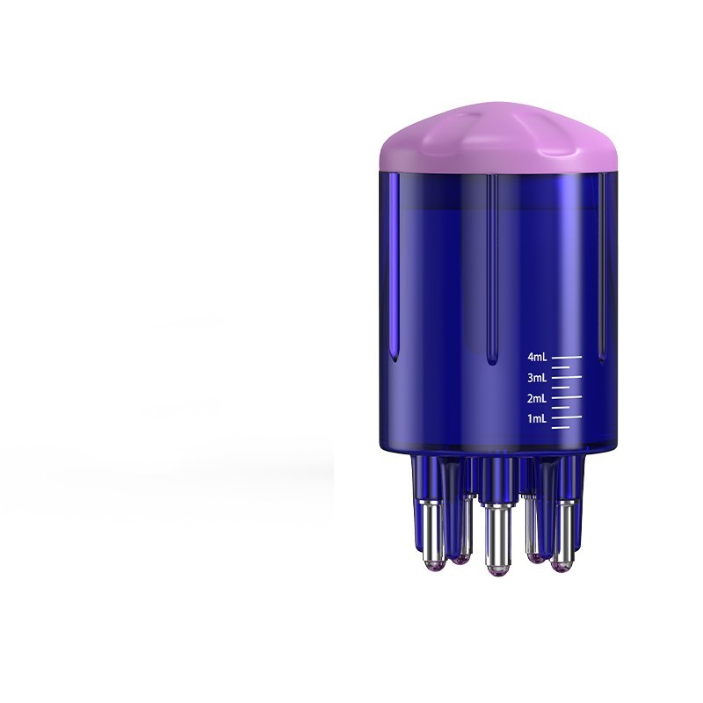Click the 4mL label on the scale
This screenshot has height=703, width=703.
[537, 358]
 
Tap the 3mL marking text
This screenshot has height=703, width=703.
[537, 378]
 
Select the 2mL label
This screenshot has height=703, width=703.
[537, 398]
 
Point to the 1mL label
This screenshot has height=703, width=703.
[537, 418]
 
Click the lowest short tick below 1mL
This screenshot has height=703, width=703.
[564, 428]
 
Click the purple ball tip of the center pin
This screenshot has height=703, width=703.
[496, 572]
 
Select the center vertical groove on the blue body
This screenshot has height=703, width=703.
[490, 264]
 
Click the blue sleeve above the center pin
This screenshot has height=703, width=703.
[496, 479]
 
